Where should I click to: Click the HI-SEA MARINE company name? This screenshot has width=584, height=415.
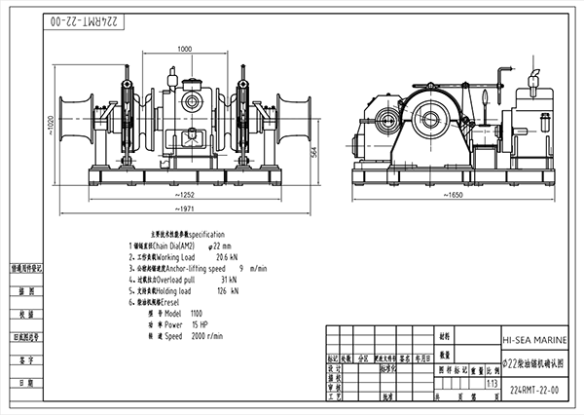[x=533, y=341]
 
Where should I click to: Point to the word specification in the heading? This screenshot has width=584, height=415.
[x=207, y=235]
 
